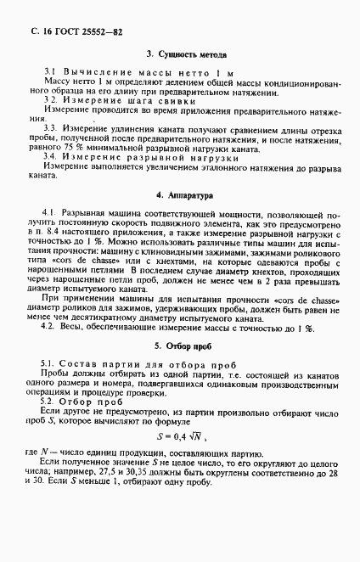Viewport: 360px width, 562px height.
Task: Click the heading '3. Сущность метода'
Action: (183, 53)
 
